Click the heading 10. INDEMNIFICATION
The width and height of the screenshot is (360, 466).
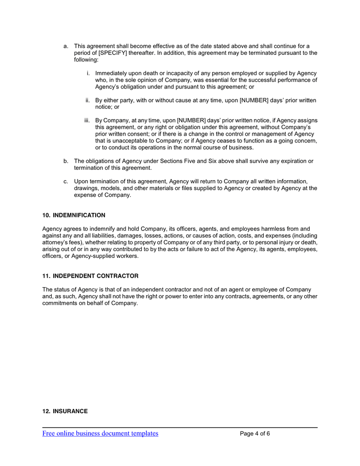click(x=73, y=215)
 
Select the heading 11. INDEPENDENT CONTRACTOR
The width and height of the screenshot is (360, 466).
click(x=90, y=276)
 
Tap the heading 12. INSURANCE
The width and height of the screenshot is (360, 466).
click(x=65, y=411)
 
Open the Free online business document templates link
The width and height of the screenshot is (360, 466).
click(x=100, y=433)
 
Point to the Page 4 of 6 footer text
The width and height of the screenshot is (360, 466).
click(x=255, y=433)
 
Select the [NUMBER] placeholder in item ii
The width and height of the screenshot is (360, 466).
click(x=214, y=100)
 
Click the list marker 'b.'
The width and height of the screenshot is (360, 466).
click(x=66, y=161)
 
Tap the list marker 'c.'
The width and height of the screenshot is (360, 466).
click(x=66, y=181)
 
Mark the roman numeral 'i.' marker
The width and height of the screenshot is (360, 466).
click(x=88, y=73)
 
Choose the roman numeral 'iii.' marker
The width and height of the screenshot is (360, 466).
click(x=87, y=120)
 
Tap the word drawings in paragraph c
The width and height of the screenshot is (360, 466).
click(x=86, y=188)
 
